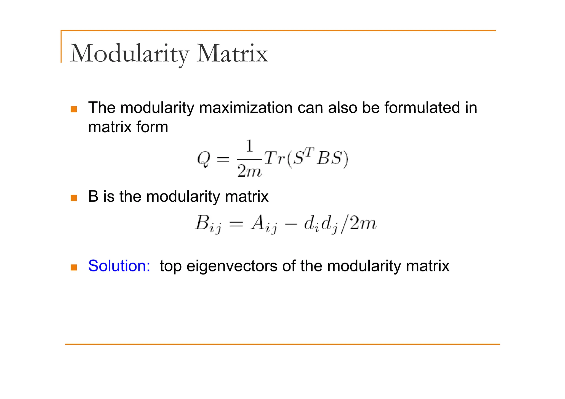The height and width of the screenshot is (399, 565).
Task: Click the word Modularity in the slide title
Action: coord(130,53)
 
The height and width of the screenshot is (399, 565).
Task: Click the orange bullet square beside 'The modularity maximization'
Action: coord(74,109)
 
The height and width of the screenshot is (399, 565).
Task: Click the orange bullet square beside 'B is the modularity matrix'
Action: coord(74,198)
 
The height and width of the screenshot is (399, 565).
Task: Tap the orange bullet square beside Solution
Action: coord(74,267)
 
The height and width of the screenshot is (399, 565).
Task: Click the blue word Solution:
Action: coord(119,266)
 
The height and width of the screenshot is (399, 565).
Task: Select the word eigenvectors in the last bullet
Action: coord(232,266)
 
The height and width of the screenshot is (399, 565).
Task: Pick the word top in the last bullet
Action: coord(170,266)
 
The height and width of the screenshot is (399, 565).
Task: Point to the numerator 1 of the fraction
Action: coord(249,146)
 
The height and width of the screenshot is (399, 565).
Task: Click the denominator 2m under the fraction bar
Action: coord(249,171)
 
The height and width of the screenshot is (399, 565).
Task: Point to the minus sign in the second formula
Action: coord(291,224)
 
